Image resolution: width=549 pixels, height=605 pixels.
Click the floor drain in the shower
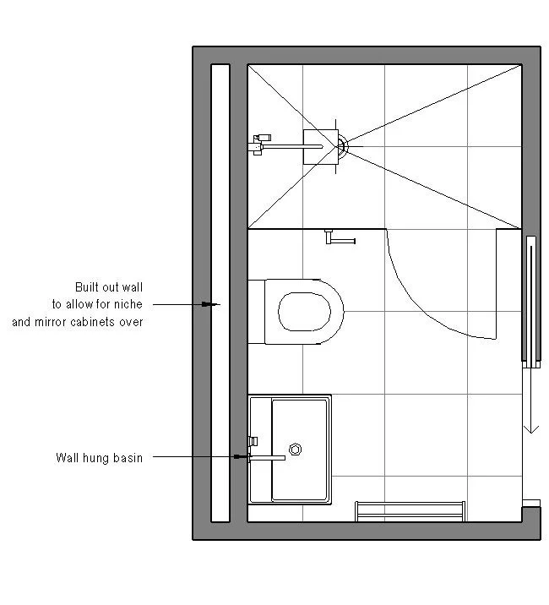coord(342,145)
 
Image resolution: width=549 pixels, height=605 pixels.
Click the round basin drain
coord(296,449)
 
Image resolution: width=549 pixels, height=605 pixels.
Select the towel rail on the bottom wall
coord(410,510)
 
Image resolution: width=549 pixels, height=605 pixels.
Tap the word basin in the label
coord(128,458)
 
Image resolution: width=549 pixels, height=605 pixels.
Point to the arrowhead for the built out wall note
coord(215,303)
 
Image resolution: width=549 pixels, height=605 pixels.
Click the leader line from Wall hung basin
coord(194,458)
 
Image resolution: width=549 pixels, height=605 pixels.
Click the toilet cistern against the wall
coord(257,311)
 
